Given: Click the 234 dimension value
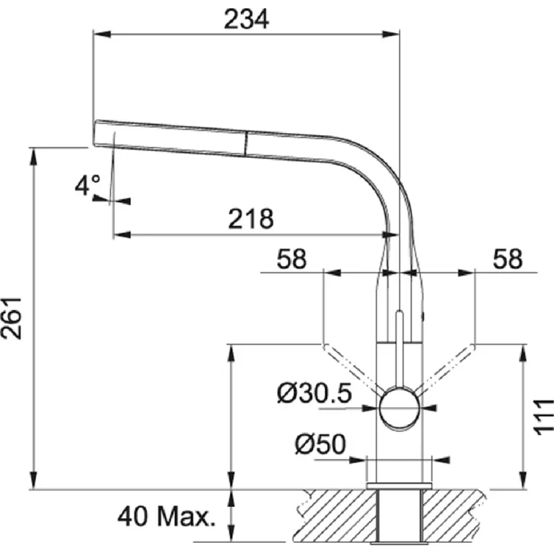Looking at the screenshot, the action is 247,19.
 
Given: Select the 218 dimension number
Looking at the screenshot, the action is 251,219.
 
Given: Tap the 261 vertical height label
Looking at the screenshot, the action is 11,319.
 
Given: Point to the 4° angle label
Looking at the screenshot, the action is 87,185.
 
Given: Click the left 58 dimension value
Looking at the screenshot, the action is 292,259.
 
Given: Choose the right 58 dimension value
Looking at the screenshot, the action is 508,258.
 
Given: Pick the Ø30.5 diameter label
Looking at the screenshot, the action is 314,393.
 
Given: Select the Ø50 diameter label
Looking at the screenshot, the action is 320,444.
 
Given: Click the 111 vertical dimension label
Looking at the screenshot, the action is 543,417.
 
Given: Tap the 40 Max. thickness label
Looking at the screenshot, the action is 166,516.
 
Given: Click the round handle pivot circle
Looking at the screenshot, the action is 400,409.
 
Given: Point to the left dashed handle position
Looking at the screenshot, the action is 351,368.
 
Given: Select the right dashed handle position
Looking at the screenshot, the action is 446,368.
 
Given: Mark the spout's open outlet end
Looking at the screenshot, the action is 96,133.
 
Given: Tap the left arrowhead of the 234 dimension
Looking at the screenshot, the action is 102,34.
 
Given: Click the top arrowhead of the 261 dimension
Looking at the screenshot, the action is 33,157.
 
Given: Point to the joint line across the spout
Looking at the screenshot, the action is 246,143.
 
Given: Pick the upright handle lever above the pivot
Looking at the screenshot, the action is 400,349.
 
